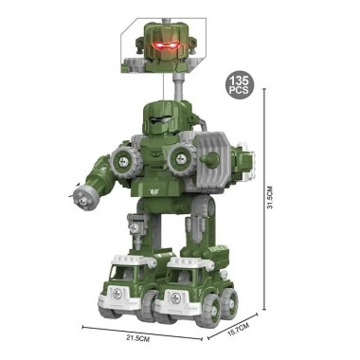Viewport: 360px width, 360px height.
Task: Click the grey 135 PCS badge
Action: [239, 84]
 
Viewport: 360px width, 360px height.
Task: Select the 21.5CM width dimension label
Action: [137, 338]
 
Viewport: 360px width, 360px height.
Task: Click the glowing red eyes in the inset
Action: [165, 46]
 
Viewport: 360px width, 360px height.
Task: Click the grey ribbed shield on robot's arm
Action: [213, 163]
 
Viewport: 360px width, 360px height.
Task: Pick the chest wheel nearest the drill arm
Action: [125, 159]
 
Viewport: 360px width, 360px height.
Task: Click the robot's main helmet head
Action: [167, 117]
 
